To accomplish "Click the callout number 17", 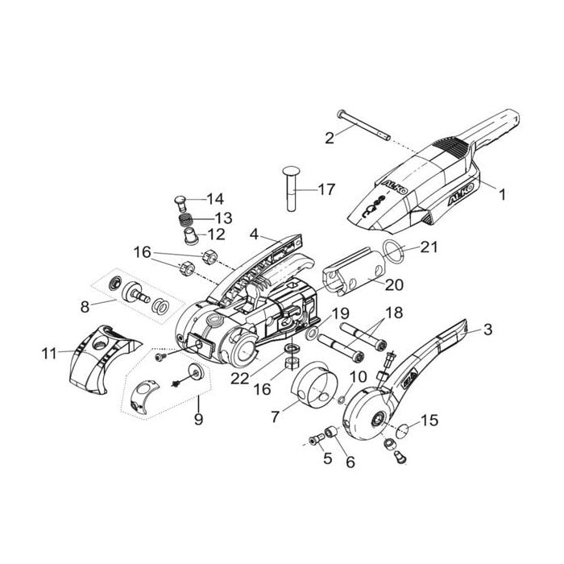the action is pos(326,189).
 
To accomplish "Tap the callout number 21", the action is pos(429,247).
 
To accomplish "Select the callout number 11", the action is pos(50,353).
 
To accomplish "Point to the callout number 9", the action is pos(198,419).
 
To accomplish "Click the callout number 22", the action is pos(240,378).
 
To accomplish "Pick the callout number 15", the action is pos(429,420).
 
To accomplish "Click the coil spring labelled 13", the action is pos(185,218).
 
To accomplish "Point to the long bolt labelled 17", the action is pos(292,189).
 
